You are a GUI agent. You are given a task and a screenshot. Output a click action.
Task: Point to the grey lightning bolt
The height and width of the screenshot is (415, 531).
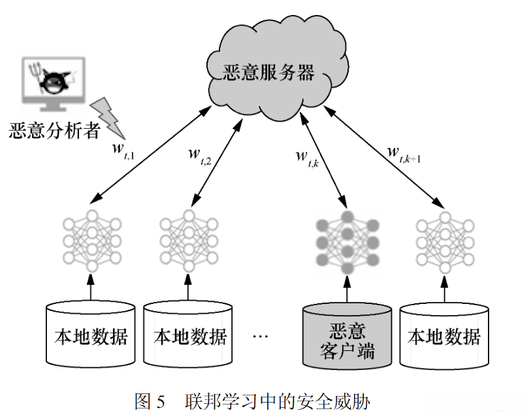pos(105,112)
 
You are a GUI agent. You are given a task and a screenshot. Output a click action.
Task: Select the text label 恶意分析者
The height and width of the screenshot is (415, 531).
pos(54,131)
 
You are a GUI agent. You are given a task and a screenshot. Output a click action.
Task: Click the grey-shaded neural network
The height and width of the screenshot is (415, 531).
pos(347,241)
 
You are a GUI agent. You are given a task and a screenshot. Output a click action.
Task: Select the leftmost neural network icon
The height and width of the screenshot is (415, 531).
pos(92,241)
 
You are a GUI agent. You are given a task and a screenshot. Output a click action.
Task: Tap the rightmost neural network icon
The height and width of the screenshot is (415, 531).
pos(444,241)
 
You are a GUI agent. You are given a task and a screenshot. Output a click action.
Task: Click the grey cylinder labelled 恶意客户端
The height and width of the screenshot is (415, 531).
pos(347,333)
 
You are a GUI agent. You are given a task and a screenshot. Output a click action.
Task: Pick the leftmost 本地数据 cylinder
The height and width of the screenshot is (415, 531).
pos(91,333)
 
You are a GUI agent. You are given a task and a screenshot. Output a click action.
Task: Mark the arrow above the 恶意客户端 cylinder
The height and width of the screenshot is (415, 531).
pos(347,288)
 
